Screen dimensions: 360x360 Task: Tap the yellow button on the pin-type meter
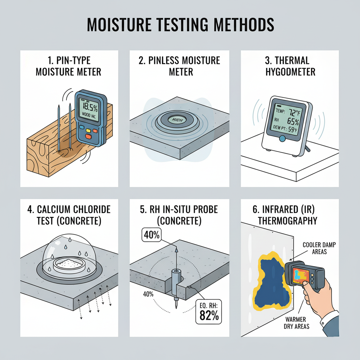point(88,130)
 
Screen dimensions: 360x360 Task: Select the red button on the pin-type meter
point(88,137)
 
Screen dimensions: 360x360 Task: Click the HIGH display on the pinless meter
point(177,120)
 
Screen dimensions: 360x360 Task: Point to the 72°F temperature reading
point(295,112)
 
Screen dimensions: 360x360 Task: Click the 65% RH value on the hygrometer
point(293,121)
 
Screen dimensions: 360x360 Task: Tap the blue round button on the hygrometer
point(282,139)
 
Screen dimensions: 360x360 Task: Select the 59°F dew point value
point(293,130)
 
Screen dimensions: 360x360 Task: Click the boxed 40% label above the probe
point(152,235)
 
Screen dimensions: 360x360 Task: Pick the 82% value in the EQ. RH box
point(209,315)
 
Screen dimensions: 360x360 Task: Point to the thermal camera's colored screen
point(301,275)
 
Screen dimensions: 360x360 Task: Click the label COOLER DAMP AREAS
point(319,248)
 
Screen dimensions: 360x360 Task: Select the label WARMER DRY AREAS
point(296,323)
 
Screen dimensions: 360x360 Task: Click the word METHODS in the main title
point(244,24)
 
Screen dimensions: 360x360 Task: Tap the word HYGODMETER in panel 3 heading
point(290,72)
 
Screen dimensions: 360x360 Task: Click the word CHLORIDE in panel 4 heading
point(92,210)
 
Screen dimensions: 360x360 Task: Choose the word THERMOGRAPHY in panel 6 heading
point(288,221)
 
